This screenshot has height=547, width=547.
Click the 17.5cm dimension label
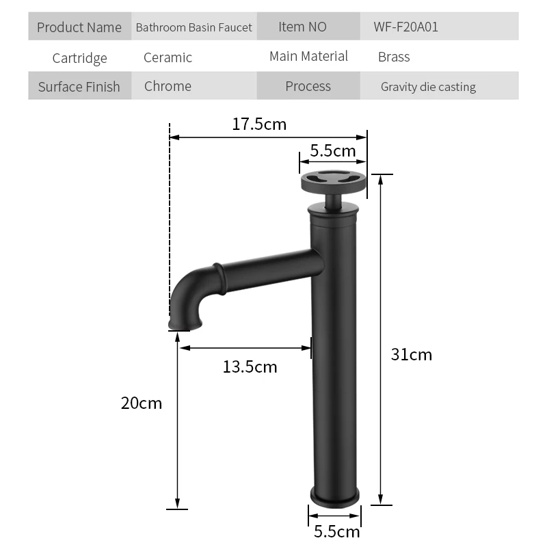tap(258, 124)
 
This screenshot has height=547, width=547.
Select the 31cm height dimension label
tap(412, 354)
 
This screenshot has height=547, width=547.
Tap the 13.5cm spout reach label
tap(250, 367)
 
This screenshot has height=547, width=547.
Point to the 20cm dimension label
tap(142, 403)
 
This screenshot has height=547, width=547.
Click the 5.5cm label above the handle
tap(333, 151)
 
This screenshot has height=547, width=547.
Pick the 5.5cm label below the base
tap(336, 531)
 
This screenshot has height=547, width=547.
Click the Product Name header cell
tap(79, 27)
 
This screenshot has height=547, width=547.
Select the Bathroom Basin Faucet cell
tap(194, 27)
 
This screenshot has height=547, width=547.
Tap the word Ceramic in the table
tap(168, 57)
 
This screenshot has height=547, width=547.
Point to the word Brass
tap(394, 57)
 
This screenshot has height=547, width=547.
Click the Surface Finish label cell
tap(79, 87)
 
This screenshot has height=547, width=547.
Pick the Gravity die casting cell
tap(428, 87)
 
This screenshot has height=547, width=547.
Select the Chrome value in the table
tap(168, 86)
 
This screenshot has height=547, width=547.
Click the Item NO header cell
tap(302, 27)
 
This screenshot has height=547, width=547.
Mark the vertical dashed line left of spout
tap(169, 226)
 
